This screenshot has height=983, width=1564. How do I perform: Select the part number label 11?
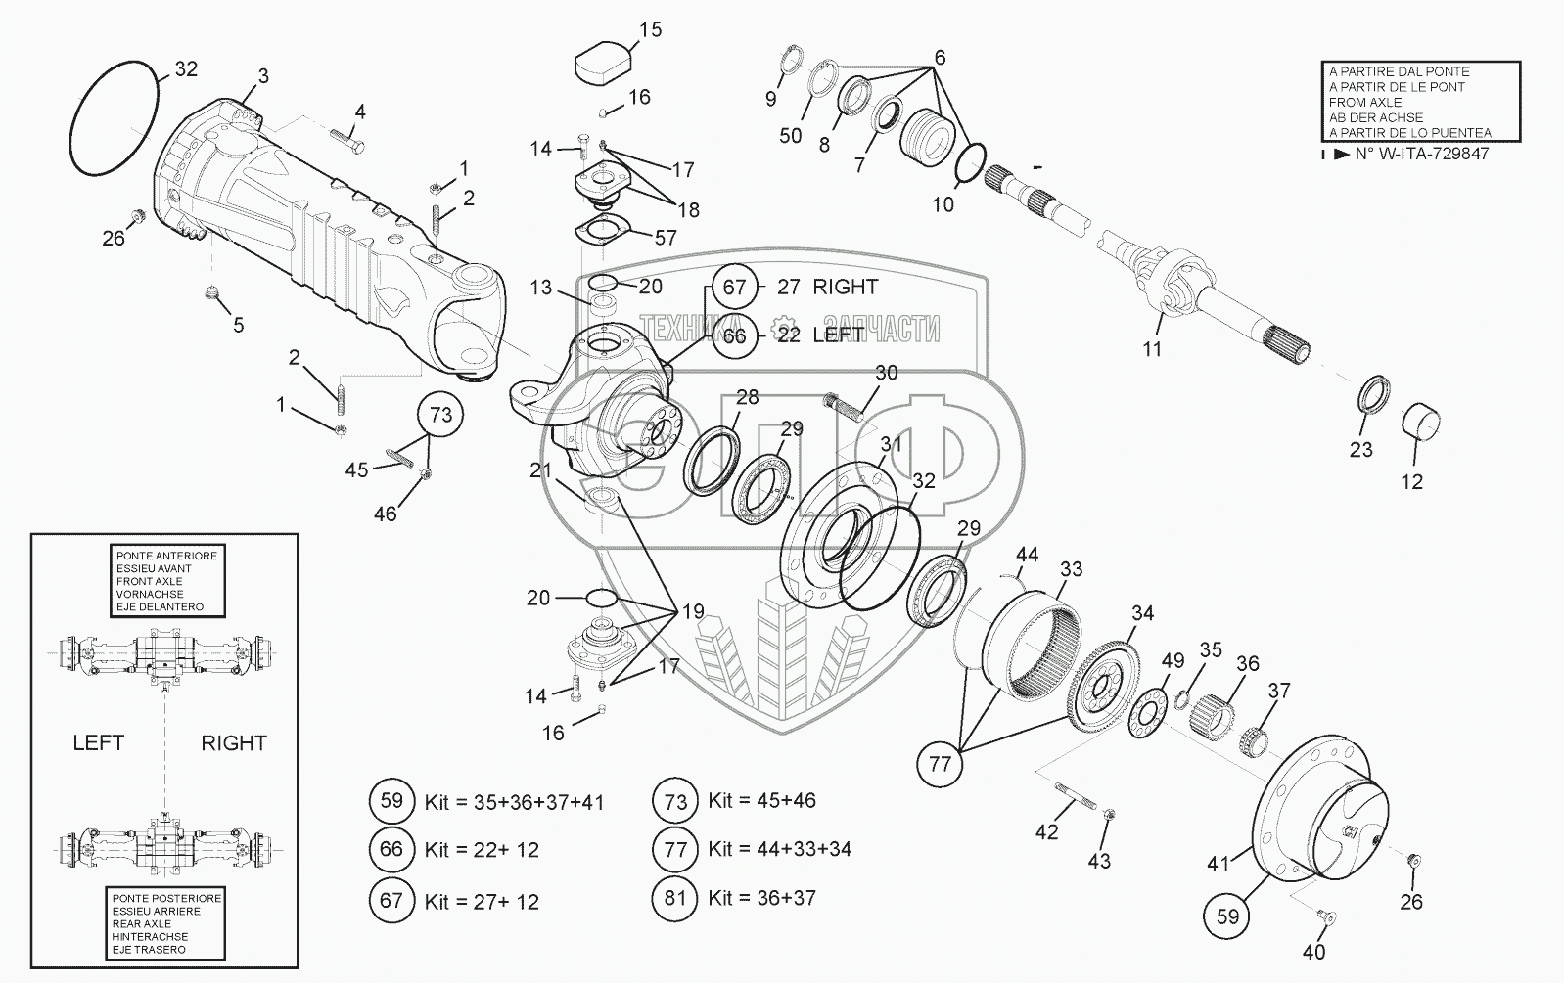pyautogui.click(x=1152, y=348)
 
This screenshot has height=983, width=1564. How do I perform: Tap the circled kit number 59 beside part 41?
pyautogui.click(x=1227, y=916)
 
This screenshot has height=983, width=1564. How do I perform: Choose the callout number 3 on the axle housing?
pyautogui.click(x=263, y=76)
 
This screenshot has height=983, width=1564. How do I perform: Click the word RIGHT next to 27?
pyautogui.click(x=845, y=287)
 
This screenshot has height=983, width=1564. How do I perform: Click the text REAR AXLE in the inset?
pyautogui.click(x=142, y=923)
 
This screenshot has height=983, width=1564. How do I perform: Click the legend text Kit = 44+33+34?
pyautogui.click(x=780, y=848)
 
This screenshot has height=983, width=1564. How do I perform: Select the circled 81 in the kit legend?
pyautogui.click(x=675, y=898)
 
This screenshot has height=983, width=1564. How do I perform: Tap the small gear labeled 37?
pyautogui.click(x=1255, y=739)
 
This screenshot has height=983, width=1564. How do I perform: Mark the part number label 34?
pyautogui.click(x=1142, y=613)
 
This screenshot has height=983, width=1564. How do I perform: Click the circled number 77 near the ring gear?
pyautogui.click(x=940, y=764)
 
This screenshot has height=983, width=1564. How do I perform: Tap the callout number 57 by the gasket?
pyautogui.click(x=665, y=238)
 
